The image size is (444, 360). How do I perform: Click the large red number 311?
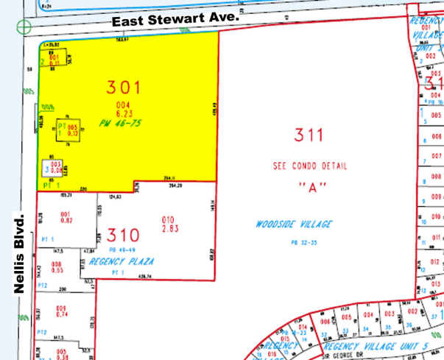309,135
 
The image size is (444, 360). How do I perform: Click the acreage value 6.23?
131,115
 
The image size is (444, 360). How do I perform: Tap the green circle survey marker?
24,27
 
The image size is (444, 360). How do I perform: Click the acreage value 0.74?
61,314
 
